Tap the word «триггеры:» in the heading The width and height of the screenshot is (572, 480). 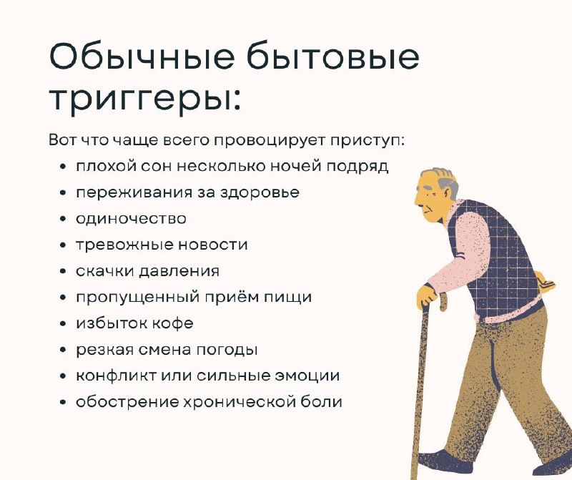click(x=145, y=98)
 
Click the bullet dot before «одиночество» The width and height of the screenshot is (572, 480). click(x=64, y=219)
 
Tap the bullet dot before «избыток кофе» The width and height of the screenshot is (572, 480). click(x=64, y=323)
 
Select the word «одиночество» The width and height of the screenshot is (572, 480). click(x=131, y=218)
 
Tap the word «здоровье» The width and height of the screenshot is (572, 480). click(x=260, y=192)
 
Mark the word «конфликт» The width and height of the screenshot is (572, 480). click(x=117, y=376)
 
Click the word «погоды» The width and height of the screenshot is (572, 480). click(x=227, y=350)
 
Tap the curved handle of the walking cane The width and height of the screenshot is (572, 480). click(x=443, y=301)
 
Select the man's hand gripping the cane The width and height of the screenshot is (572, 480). click(x=426, y=295)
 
